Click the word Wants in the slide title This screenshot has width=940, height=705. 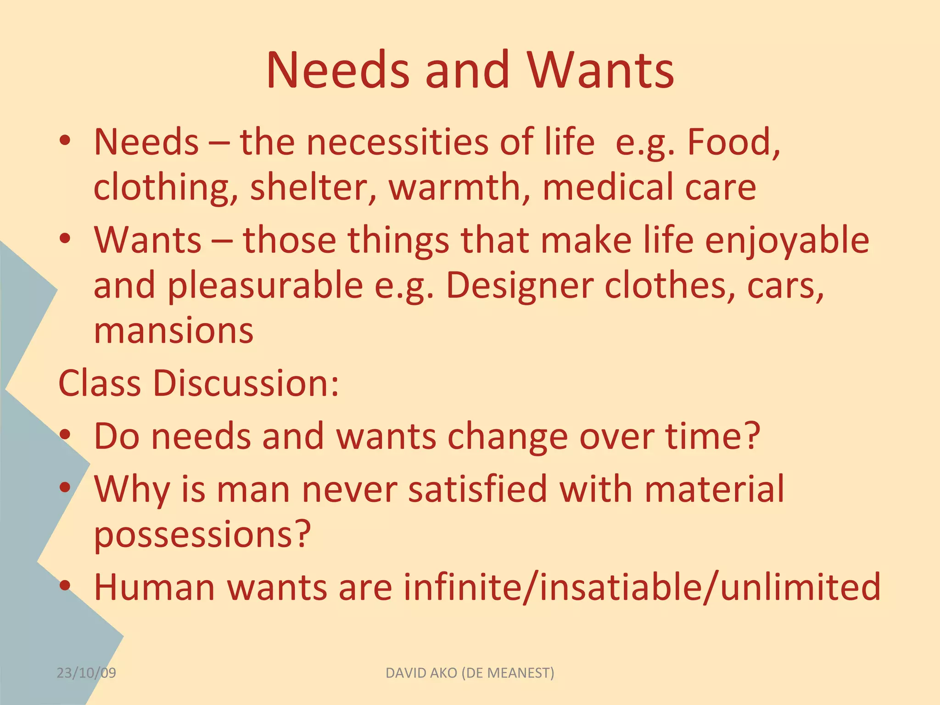(600, 71)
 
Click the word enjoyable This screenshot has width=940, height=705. (787, 241)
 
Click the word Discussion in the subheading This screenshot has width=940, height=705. (246, 383)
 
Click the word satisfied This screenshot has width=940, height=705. (477, 489)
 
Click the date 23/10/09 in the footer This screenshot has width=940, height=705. (86, 673)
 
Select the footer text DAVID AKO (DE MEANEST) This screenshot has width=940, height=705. (470, 673)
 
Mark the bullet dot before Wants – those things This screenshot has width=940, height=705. (65, 238)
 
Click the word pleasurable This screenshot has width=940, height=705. (265, 285)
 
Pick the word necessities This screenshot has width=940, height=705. (397, 142)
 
